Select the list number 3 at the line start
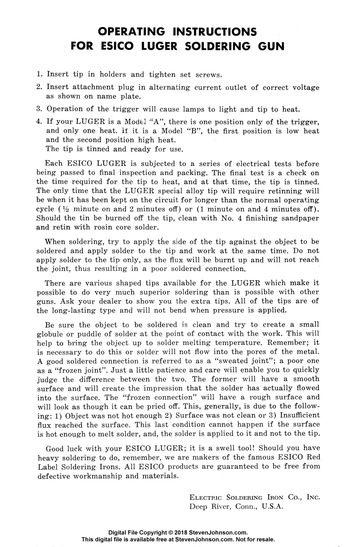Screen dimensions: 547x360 tap(39, 109)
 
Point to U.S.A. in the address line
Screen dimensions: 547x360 tap(268, 507)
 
